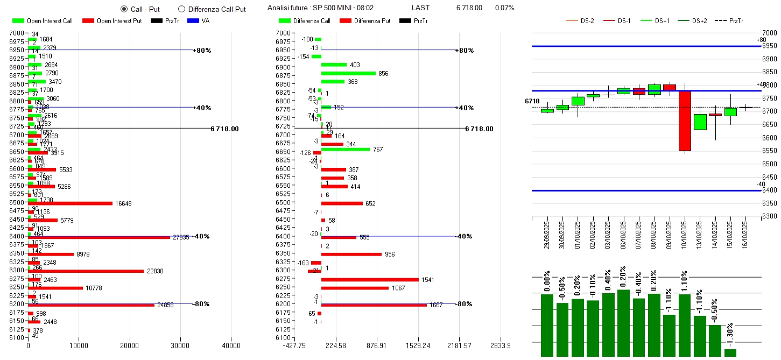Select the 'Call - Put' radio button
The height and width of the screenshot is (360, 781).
pos(124,9)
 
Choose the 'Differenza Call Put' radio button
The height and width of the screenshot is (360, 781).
pos(181,9)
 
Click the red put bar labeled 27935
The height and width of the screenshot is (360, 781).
pos(99,237)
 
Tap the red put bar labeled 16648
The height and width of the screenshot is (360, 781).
pos(70,203)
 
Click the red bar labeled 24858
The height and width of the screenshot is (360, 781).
pos(91,305)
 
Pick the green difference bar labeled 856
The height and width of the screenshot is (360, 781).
pos(348,73)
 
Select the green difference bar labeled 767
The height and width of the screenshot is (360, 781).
pos(346,149)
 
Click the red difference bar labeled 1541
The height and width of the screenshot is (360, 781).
pos(370,280)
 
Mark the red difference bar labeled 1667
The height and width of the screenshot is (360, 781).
pos(374,305)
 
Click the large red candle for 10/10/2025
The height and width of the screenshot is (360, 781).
pos(685,121)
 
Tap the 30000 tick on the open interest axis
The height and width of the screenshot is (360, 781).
pos(180,345)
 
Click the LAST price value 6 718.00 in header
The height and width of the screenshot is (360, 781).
pos(469,8)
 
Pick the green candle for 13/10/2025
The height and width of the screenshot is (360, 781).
pos(700,122)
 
